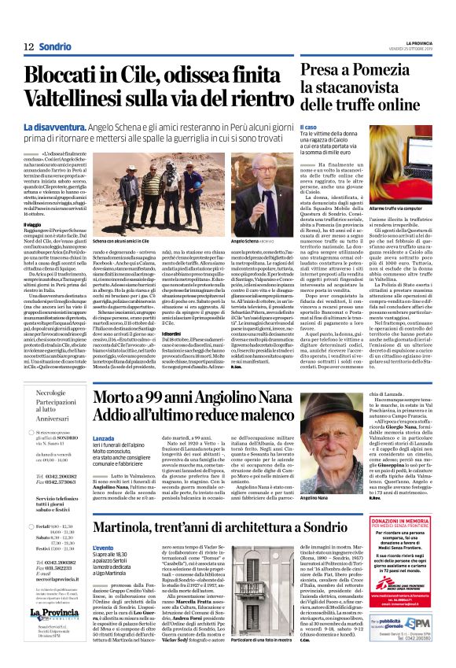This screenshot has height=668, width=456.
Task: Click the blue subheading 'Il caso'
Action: coord(309,127)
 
